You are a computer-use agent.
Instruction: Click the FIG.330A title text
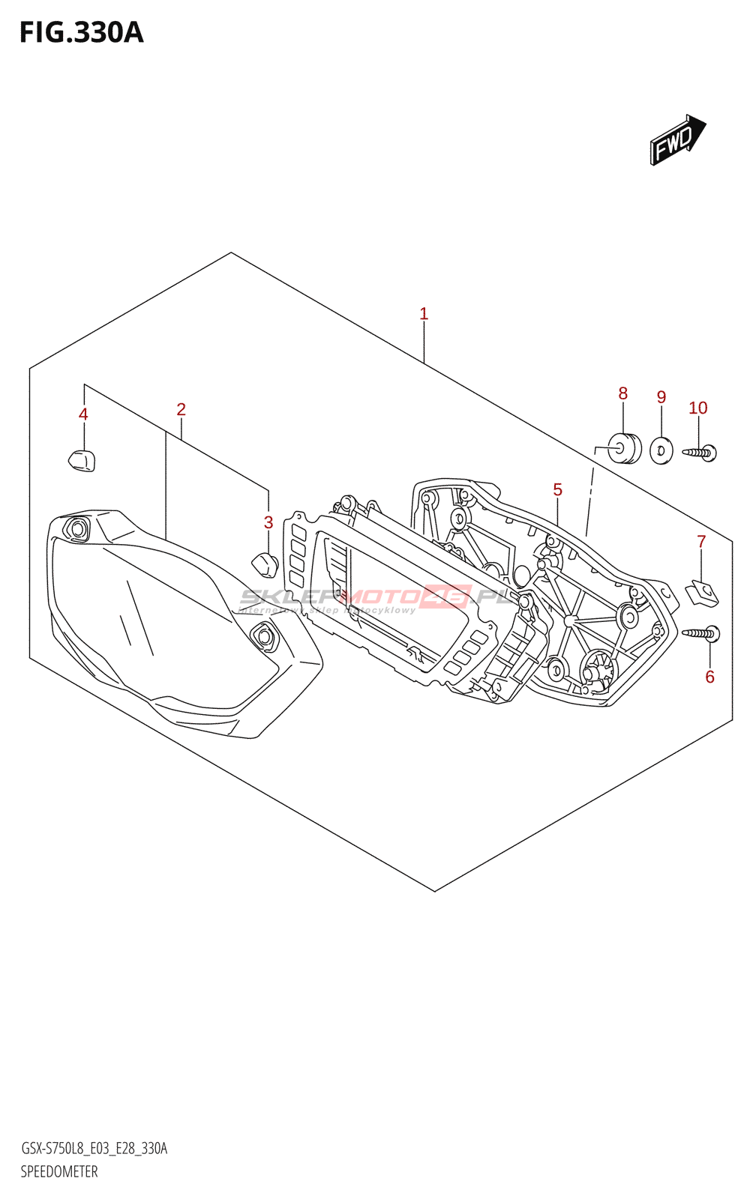point(81,33)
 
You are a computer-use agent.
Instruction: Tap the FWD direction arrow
point(676,139)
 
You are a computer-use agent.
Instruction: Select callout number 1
point(424,314)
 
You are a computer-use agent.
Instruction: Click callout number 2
point(181,409)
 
